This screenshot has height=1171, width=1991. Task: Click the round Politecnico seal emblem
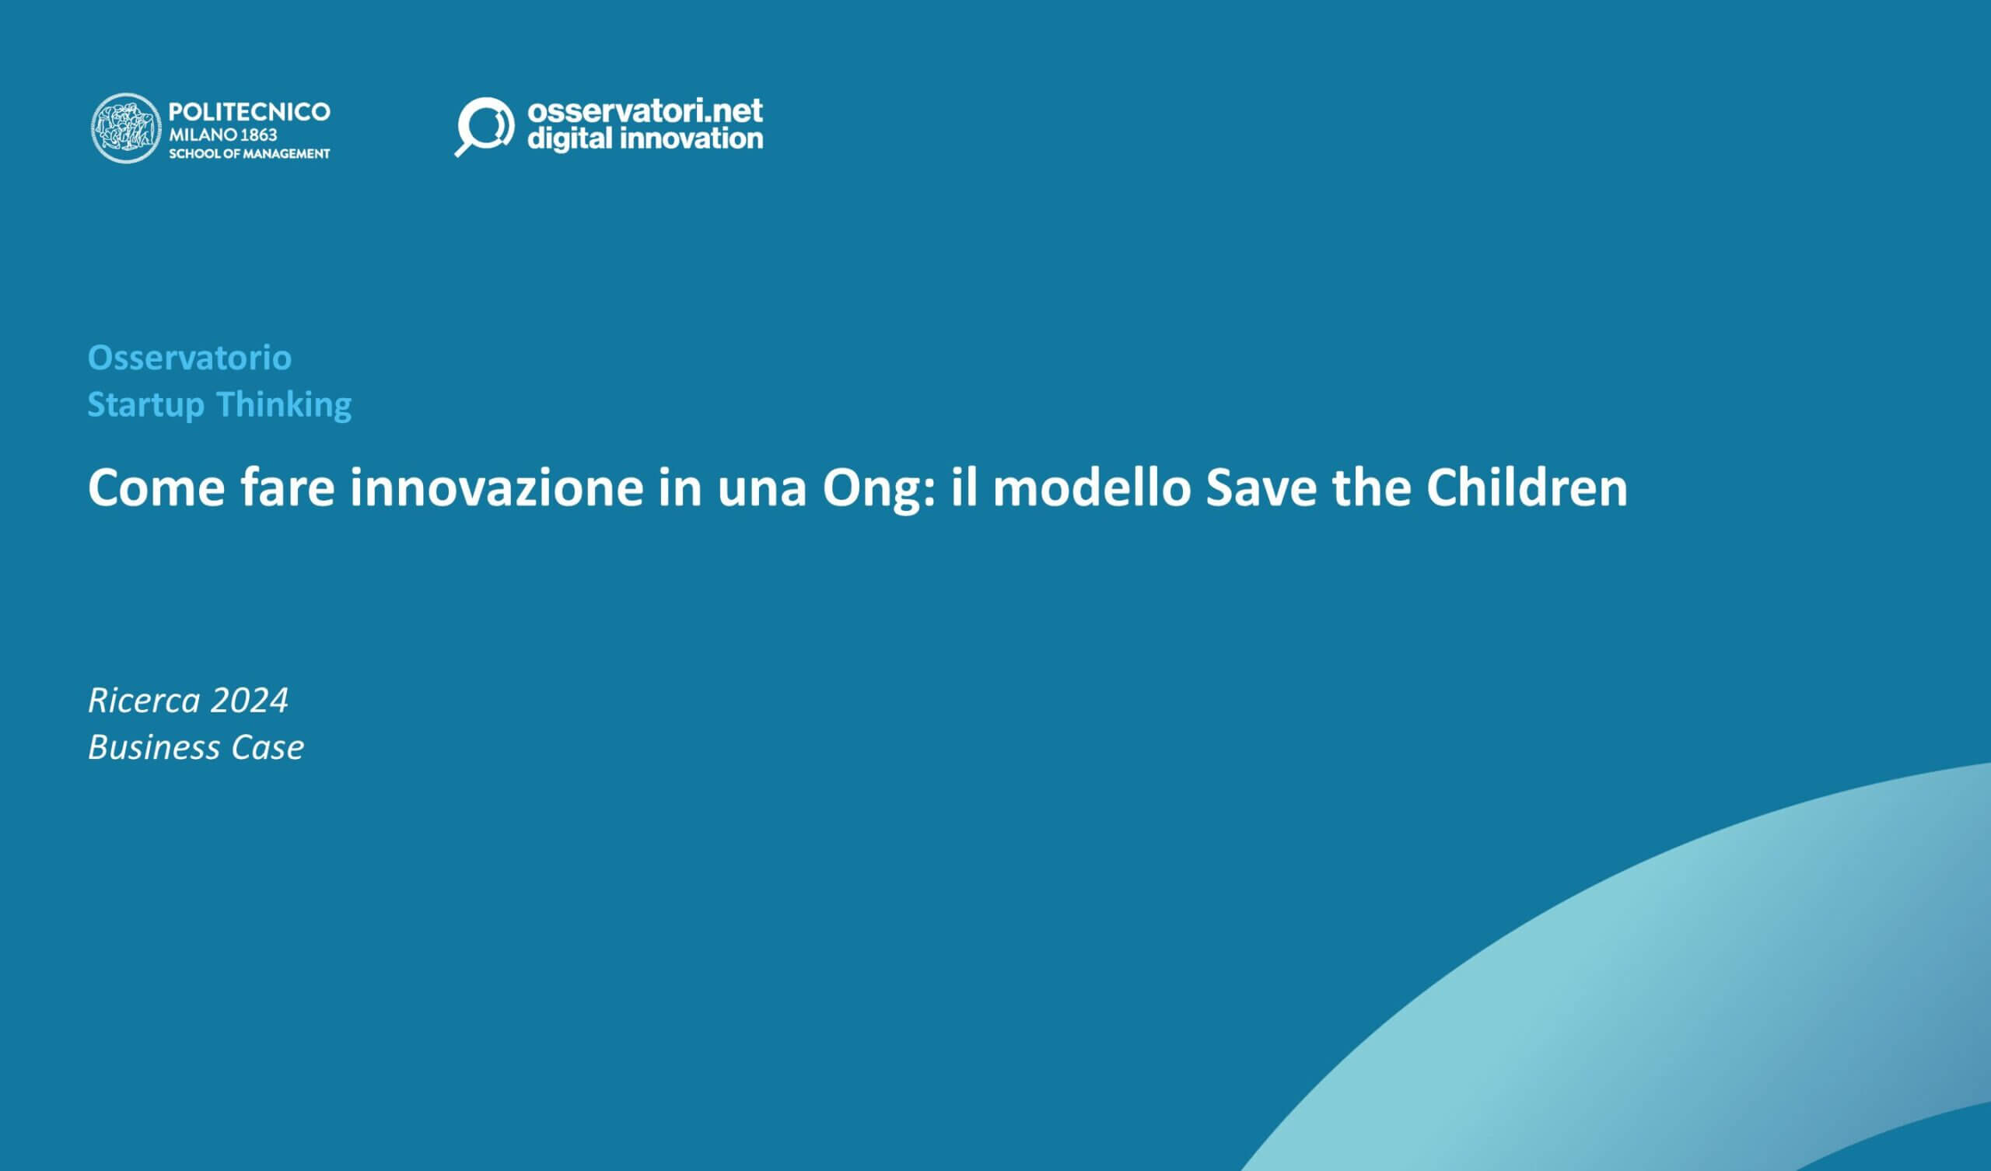pyautogui.click(x=127, y=128)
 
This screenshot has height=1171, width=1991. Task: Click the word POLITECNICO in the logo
pyautogui.click(x=249, y=112)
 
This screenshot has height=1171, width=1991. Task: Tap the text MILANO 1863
pyautogui.click(x=222, y=135)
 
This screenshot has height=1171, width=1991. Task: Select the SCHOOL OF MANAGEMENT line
pyautogui.click(x=249, y=153)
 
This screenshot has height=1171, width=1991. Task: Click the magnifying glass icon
pyautogui.click(x=484, y=127)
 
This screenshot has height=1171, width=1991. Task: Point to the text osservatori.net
pyautogui.click(x=645, y=110)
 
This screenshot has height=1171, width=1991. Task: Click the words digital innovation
pyautogui.click(x=645, y=139)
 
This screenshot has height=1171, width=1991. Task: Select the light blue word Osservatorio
pyautogui.click(x=190, y=358)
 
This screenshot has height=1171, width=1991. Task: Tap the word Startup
pyautogui.click(x=145, y=404)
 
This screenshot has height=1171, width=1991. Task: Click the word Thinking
pyautogui.click(x=284, y=404)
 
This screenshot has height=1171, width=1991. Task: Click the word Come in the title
pyautogui.click(x=156, y=488)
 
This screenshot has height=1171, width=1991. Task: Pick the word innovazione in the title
pyautogui.click(x=496, y=488)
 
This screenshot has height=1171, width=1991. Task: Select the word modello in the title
pyautogui.click(x=1091, y=488)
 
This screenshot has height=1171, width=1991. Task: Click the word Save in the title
pyautogui.click(x=1261, y=488)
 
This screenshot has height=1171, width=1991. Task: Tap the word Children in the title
pyautogui.click(x=1527, y=488)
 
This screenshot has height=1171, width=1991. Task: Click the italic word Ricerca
pyautogui.click(x=144, y=700)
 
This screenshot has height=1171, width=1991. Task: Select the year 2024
pyautogui.click(x=250, y=700)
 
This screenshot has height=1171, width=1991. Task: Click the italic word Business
pyautogui.click(x=154, y=747)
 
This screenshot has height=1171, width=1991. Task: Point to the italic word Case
pyautogui.click(x=267, y=747)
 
